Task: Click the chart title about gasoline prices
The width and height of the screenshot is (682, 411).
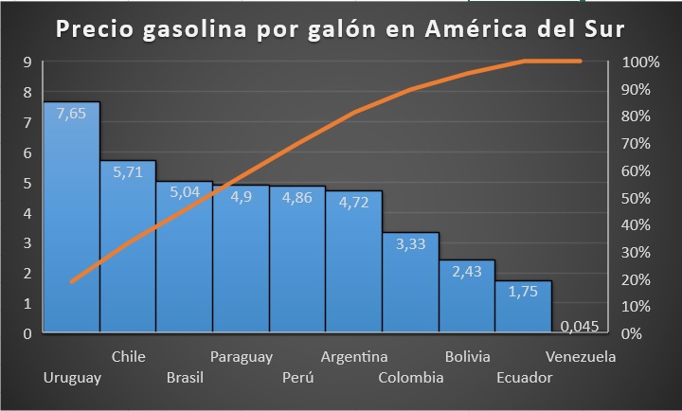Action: [x=340, y=29]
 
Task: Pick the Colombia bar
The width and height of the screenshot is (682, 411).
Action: [x=410, y=284]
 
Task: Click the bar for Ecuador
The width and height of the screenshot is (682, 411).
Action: [x=523, y=309]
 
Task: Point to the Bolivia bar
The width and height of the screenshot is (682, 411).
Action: [x=467, y=297]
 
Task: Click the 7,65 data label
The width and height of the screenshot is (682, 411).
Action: [x=71, y=114]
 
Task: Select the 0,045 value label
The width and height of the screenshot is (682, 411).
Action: [x=579, y=327]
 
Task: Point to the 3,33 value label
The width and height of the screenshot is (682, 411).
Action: [x=410, y=244]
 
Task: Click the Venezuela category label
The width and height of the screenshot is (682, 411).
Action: [x=581, y=357]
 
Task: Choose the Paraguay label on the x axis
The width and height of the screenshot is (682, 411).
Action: [x=242, y=357]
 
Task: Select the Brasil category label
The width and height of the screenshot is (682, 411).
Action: [x=185, y=377]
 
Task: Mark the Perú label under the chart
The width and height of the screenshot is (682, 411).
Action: [x=297, y=377]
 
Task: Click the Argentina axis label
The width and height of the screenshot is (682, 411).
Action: [x=354, y=357]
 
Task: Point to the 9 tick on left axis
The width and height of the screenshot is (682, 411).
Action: [x=28, y=63]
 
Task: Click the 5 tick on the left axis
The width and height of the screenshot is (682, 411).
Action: [x=28, y=183]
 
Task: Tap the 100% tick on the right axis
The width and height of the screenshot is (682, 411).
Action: [x=640, y=63]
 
